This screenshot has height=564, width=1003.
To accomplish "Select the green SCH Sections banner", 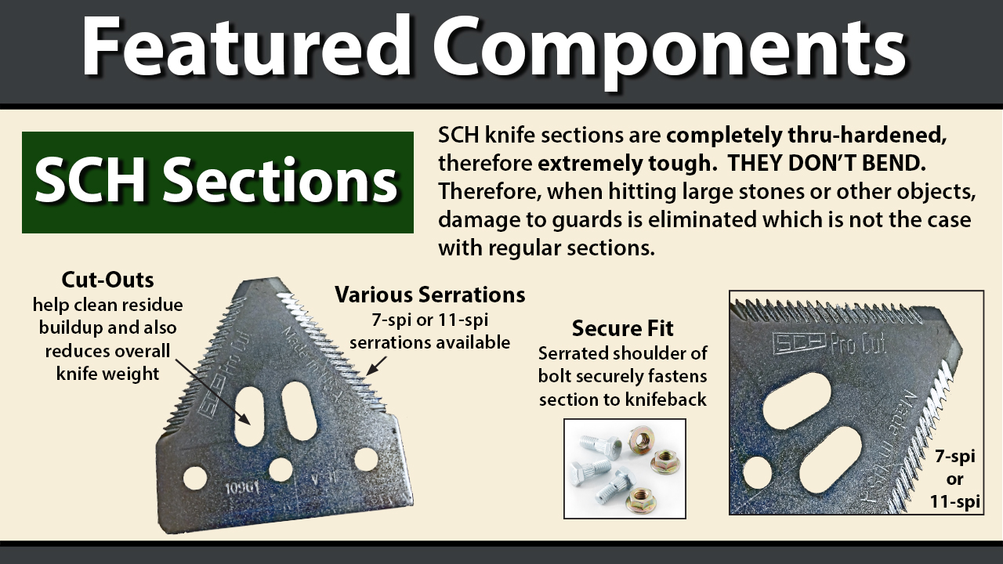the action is point(218,183).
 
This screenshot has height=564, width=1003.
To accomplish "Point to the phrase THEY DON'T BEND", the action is point(827,164).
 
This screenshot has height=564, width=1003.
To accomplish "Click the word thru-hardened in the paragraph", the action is point(867,135).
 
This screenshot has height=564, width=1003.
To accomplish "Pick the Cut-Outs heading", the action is point(107,280).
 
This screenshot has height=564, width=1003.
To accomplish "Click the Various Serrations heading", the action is point(430,295).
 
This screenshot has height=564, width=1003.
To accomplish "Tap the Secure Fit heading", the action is point(622,328).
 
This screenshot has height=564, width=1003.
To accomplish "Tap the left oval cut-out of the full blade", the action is point(249,416).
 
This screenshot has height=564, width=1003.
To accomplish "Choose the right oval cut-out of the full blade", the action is point(299,411).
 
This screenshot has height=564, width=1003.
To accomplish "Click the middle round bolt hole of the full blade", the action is point(281,470).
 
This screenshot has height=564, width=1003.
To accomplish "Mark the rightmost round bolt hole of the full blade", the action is point(366,460).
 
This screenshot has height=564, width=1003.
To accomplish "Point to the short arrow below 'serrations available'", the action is point(377,366).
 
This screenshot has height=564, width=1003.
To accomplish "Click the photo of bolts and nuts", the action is point(625,468).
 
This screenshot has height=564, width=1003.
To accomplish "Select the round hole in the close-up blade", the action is point(757,472).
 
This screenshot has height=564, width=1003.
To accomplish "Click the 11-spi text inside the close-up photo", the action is point(955,501).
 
